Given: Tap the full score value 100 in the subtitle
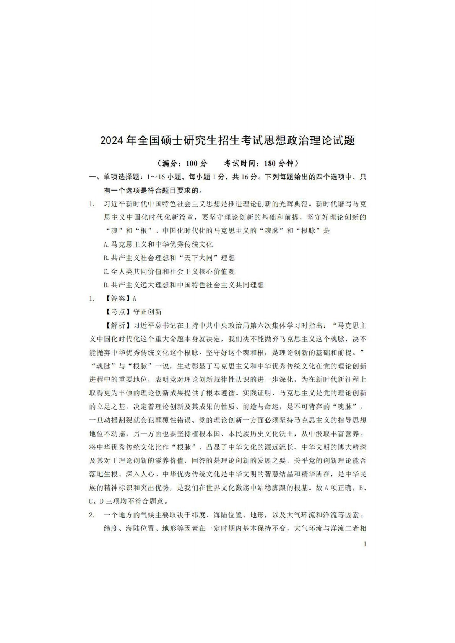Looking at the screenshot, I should pos(191,163).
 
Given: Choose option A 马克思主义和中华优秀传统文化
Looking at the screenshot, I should pos(158,245).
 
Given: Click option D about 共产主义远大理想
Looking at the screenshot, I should pos(184,285).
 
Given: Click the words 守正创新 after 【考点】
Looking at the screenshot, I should pos(148,312).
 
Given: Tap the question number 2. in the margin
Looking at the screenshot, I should pos(92,515).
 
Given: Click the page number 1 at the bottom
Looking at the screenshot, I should pos(365,544).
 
